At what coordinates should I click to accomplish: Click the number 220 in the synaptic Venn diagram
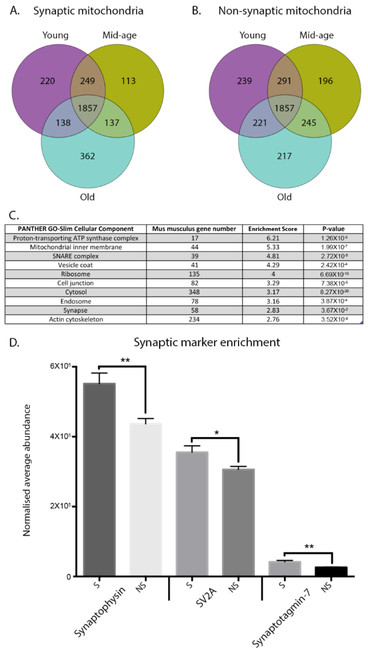pos(47,81)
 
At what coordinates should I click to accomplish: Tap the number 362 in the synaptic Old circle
pos(87,156)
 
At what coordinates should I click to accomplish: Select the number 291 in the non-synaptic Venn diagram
pos(284,81)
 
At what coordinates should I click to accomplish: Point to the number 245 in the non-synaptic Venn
pos(309,123)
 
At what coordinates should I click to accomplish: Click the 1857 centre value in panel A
pos(87,108)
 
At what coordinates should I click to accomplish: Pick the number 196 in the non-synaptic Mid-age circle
pos(325,81)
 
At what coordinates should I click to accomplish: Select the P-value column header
pos(333,229)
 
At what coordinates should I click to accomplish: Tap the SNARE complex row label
pos(75,256)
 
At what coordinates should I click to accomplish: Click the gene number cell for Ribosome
pos(194,274)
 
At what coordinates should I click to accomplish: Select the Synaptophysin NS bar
pos(146,502)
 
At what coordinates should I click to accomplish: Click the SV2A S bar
pos(192,515)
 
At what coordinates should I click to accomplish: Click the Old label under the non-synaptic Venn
pos(284,197)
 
